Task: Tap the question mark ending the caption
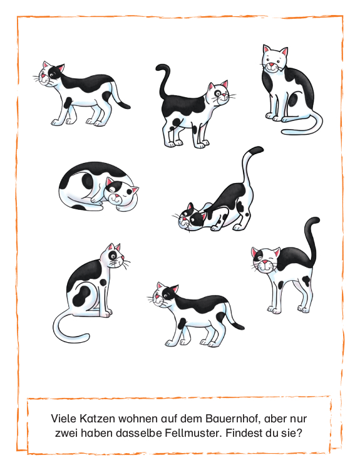click(x=300, y=433)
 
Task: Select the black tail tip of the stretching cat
click(x=256, y=150)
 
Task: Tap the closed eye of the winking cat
click(x=271, y=258)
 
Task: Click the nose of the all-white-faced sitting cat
click(x=271, y=65)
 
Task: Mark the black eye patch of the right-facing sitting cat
click(x=113, y=256)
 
